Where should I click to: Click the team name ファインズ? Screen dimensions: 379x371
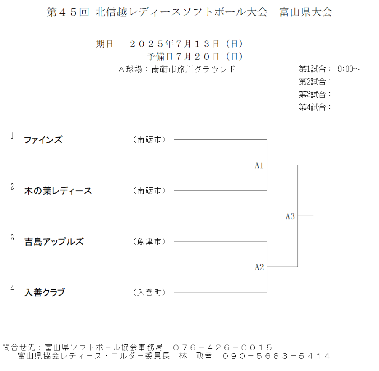click(x=43, y=140)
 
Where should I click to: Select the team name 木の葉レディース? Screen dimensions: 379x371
click(x=58, y=191)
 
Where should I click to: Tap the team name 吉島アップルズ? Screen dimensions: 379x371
click(x=54, y=242)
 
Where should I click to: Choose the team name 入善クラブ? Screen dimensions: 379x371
click(x=45, y=292)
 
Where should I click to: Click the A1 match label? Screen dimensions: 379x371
click(x=259, y=165)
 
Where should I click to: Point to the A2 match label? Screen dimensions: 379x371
click(x=259, y=267)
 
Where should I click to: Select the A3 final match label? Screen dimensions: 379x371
click(x=290, y=216)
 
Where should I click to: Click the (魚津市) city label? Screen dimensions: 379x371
click(x=149, y=241)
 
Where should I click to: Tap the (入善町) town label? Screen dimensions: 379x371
click(x=149, y=292)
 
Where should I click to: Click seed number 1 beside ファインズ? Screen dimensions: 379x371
click(x=12, y=136)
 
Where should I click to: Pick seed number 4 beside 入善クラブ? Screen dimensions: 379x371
click(x=12, y=288)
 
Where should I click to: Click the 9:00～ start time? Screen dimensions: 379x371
click(x=349, y=69)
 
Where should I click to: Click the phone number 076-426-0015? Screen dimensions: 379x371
click(x=223, y=347)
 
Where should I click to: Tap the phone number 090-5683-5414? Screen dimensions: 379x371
click(x=276, y=356)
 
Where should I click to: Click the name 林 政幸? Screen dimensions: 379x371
click(x=195, y=356)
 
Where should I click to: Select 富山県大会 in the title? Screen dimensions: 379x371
click(x=306, y=12)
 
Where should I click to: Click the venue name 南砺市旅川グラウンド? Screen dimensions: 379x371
click(x=194, y=69)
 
